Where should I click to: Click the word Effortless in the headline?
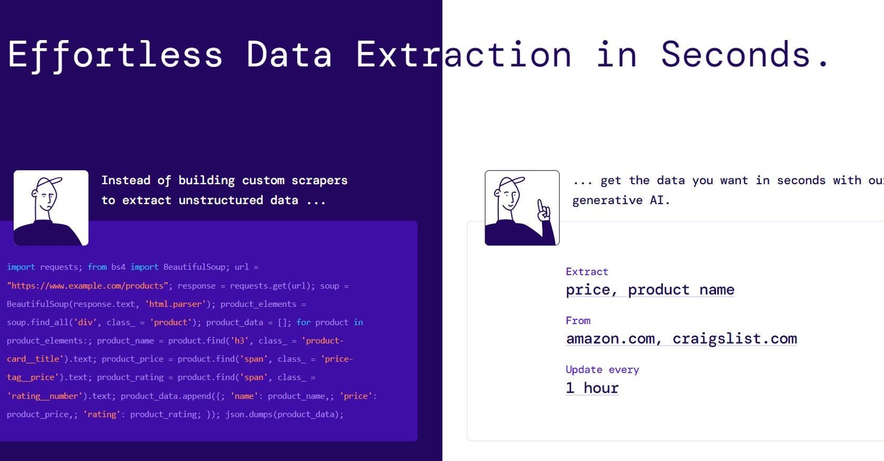click(115, 55)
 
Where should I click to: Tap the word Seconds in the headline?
click(736, 55)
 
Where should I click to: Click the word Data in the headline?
click(289, 55)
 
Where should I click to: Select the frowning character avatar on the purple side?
click(51, 207)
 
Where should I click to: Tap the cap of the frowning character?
click(49, 183)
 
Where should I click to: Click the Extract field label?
click(587, 272)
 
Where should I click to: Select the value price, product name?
click(650, 289)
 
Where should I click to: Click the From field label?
click(578, 320)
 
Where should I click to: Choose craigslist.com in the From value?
click(735, 339)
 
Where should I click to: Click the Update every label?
click(602, 369)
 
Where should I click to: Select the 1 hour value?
click(592, 387)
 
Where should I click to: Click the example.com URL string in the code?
click(87, 285)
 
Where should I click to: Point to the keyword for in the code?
click(304, 322)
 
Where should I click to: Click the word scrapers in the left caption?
click(319, 181)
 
